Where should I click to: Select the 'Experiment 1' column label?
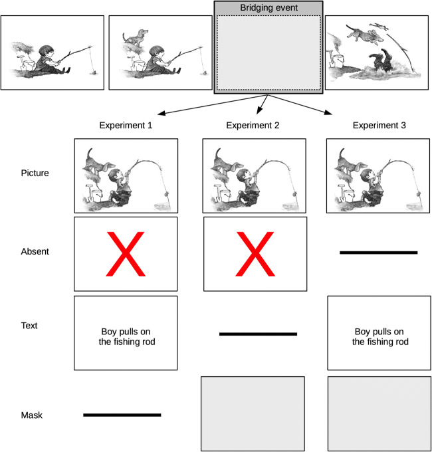(126, 124)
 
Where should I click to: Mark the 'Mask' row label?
(31, 415)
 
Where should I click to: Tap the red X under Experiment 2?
(255, 254)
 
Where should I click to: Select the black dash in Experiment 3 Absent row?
(379, 253)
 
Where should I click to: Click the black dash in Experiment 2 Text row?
(258, 334)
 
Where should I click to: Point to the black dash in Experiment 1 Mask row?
(122, 415)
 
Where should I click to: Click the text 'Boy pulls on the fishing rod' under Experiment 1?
(126, 337)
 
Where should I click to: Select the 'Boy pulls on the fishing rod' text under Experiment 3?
(379, 337)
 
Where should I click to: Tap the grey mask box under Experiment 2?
(253, 413)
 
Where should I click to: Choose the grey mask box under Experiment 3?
(379, 413)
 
